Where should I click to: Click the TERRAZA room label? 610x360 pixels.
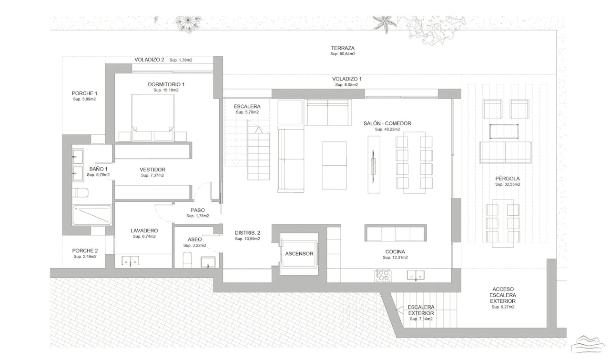(x=343, y=48)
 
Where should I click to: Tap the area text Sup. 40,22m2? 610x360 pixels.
(x=387, y=129)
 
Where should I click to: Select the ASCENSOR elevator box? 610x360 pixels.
(x=299, y=254)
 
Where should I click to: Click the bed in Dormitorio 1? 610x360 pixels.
(x=152, y=118)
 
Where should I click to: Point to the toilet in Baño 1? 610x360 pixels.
(x=81, y=193)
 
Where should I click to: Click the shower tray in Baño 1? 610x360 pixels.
(x=92, y=215)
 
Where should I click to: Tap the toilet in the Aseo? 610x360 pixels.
(x=187, y=260)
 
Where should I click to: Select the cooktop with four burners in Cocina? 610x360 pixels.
(x=383, y=276)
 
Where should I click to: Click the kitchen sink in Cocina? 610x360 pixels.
(x=416, y=275)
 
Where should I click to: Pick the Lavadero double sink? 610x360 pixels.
(x=131, y=260)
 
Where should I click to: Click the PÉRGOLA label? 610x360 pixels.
(x=508, y=179)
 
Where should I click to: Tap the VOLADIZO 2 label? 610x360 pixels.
(x=149, y=60)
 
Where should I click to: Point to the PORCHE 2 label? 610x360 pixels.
(x=85, y=251)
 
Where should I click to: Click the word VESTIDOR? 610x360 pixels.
(x=152, y=170)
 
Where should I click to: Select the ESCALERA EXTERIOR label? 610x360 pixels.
(x=421, y=310)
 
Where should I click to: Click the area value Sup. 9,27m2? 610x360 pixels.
(x=503, y=307)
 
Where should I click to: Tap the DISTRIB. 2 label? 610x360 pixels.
(x=247, y=233)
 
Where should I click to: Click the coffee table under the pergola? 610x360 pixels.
(x=504, y=131)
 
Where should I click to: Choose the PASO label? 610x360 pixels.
(x=198, y=210)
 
